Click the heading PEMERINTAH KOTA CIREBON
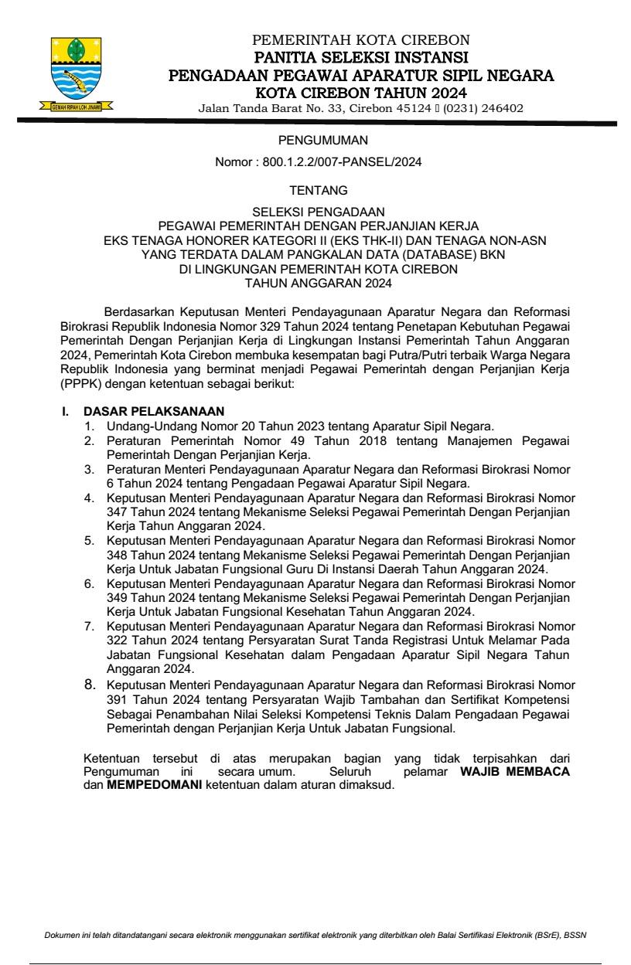click(x=361, y=40)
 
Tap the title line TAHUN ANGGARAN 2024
click(x=318, y=283)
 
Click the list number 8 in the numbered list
click(x=90, y=684)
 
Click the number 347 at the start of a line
click(x=118, y=511)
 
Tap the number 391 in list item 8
click(x=118, y=698)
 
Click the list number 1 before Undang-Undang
click(x=90, y=426)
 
